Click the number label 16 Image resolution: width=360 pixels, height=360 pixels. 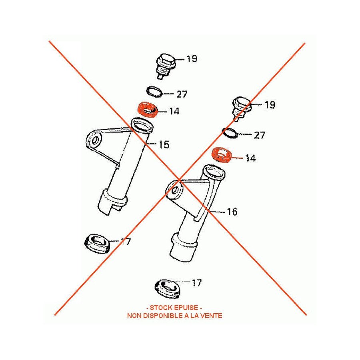pyautogui.click(x=232, y=212)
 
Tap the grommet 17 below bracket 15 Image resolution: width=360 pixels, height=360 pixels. pyautogui.click(x=97, y=244)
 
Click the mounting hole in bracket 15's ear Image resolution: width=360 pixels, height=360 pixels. pyautogui.click(x=95, y=140)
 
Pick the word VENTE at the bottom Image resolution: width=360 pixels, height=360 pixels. pyautogui.click(x=212, y=316)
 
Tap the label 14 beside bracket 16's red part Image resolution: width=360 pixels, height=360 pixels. pyautogui.click(x=250, y=159)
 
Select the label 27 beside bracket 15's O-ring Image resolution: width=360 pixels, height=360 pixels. pyautogui.click(x=182, y=94)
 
